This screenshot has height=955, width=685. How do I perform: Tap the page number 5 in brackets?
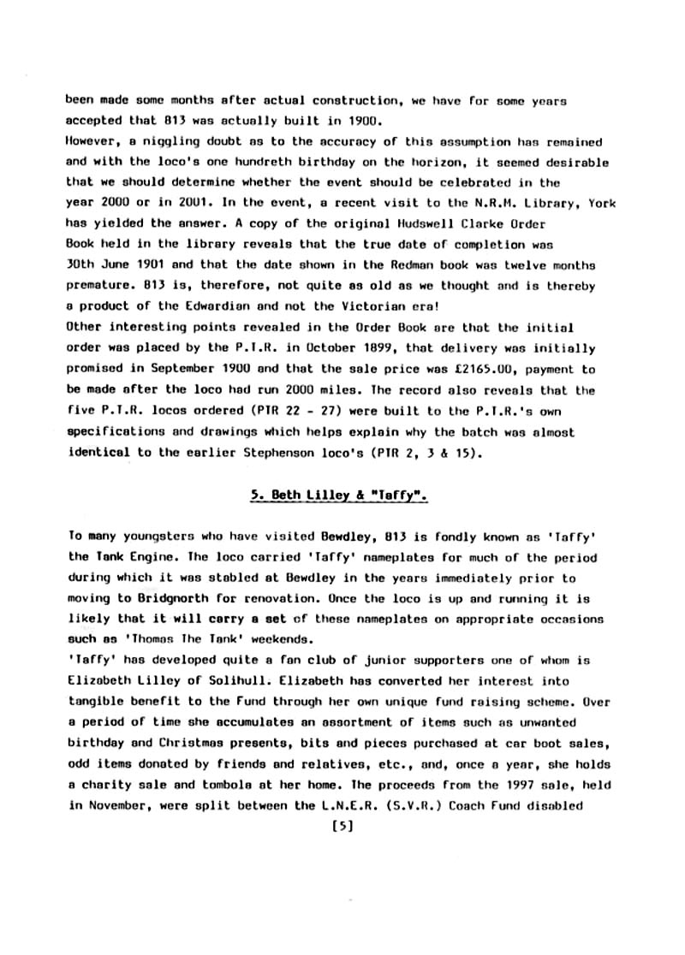tap(342, 827)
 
